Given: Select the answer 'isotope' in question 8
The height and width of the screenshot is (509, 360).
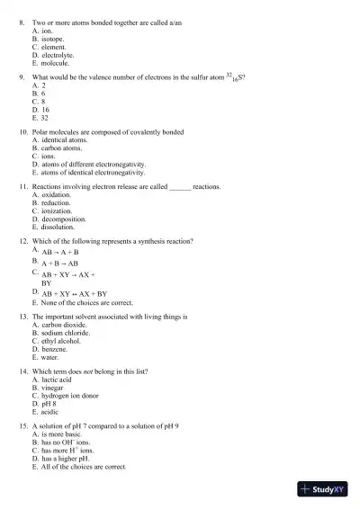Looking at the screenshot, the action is [x=53, y=40].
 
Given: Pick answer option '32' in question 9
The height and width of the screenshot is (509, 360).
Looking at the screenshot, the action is [x=45, y=118].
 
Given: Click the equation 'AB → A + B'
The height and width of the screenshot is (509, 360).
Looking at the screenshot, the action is [x=60, y=253].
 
